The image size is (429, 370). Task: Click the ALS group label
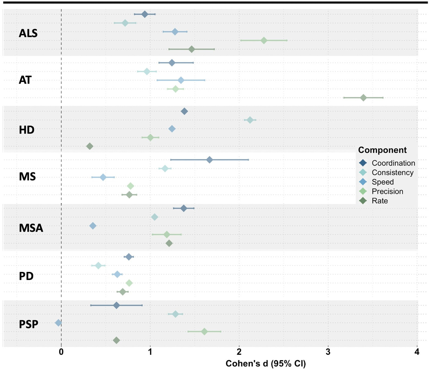point(28,33)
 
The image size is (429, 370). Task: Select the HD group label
point(27,130)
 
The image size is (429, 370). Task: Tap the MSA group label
point(31,228)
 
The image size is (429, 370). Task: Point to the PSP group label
point(29,324)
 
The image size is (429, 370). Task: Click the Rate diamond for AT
point(363,98)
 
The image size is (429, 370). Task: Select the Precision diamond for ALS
point(264,41)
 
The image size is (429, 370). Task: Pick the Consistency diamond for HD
point(250,120)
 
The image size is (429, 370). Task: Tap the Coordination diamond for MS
point(209,160)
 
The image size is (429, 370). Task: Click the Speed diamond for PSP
point(58,323)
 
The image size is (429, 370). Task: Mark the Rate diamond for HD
point(90,146)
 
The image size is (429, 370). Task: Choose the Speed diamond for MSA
point(93,226)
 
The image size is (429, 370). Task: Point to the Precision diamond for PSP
point(204,332)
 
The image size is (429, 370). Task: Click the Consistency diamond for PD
point(98,265)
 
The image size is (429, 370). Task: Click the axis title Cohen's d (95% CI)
point(266,364)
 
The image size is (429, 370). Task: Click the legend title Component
point(382,150)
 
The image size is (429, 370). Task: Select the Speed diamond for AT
point(181,80)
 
